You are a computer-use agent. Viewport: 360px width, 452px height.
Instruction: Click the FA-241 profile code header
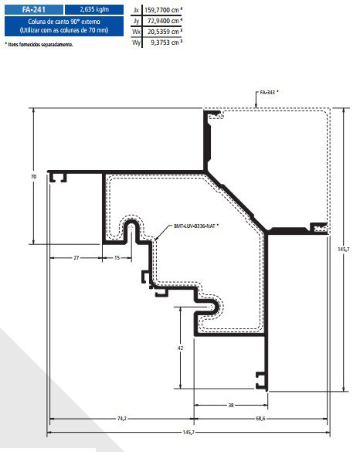(34, 9)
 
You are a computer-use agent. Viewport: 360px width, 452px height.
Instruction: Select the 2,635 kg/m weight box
(94, 9)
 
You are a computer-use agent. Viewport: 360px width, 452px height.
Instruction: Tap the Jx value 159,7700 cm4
(163, 10)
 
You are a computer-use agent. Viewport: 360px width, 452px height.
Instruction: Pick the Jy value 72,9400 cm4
(165, 21)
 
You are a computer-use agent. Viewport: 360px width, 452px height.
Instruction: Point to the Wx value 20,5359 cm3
(165, 32)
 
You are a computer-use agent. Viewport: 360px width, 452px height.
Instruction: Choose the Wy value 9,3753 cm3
(166, 42)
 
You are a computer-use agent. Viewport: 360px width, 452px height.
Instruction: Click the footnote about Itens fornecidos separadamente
(39, 44)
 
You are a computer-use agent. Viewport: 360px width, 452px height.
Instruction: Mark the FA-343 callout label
(269, 93)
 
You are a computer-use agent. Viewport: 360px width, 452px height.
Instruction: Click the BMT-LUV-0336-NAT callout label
(196, 226)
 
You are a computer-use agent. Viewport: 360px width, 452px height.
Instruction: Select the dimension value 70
(34, 177)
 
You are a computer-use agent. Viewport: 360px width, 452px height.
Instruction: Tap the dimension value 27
(76, 258)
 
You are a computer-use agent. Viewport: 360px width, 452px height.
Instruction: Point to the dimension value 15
(117, 258)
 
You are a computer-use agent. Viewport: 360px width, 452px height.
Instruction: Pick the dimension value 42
(180, 348)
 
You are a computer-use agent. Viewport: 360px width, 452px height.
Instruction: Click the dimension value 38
(231, 406)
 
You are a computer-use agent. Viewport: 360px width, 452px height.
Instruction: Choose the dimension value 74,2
(122, 419)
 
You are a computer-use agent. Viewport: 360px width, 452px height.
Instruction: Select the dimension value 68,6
(260, 419)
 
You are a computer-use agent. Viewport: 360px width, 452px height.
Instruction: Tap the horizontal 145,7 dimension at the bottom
(188, 433)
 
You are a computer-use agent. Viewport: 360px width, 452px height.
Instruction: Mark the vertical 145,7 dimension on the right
(343, 250)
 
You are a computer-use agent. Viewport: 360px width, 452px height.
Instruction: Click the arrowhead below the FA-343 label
(256, 106)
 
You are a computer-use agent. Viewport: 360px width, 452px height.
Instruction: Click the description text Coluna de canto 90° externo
(64, 22)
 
